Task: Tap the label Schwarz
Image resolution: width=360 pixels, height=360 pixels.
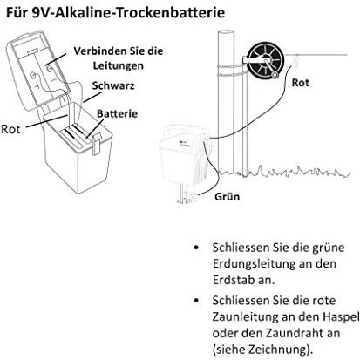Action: click(x=113, y=85)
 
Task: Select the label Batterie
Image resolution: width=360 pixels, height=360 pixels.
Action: click(x=117, y=113)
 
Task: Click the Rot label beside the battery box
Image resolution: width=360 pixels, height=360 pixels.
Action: click(x=10, y=129)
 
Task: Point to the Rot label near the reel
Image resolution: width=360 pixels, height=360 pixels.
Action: click(x=300, y=83)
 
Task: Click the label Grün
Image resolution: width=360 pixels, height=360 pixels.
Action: click(x=228, y=197)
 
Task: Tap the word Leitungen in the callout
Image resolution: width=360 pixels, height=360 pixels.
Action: click(x=119, y=65)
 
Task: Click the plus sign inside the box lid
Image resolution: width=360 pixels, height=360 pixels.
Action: click(x=37, y=86)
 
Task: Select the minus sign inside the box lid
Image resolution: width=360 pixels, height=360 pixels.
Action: click(x=53, y=79)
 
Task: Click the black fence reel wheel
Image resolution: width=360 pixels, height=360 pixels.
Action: click(x=264, y=61)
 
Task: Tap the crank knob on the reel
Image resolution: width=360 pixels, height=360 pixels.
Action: click(x=274, y=76)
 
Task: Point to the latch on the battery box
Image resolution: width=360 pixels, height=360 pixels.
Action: click(x=96, y=144)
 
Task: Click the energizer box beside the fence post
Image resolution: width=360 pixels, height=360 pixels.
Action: click(x=184, y=155)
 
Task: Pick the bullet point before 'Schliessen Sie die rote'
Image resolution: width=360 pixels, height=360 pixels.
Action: click(x=197, y=301)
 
